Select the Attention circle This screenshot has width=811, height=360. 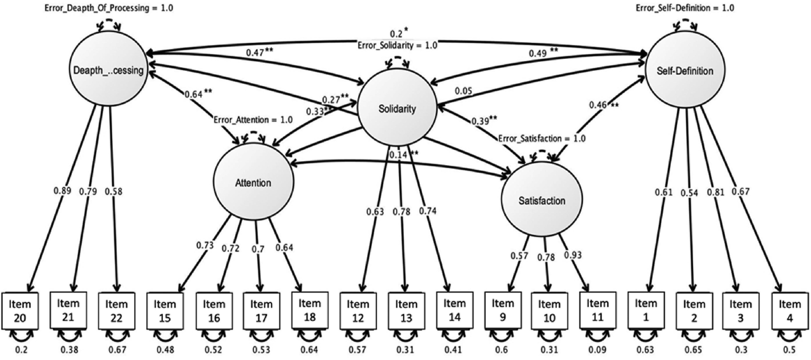253,182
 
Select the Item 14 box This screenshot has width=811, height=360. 455,310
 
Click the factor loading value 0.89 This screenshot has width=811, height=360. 62,191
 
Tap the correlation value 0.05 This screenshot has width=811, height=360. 463,91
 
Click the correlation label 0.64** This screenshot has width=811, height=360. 198,94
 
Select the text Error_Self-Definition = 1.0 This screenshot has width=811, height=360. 685,8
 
